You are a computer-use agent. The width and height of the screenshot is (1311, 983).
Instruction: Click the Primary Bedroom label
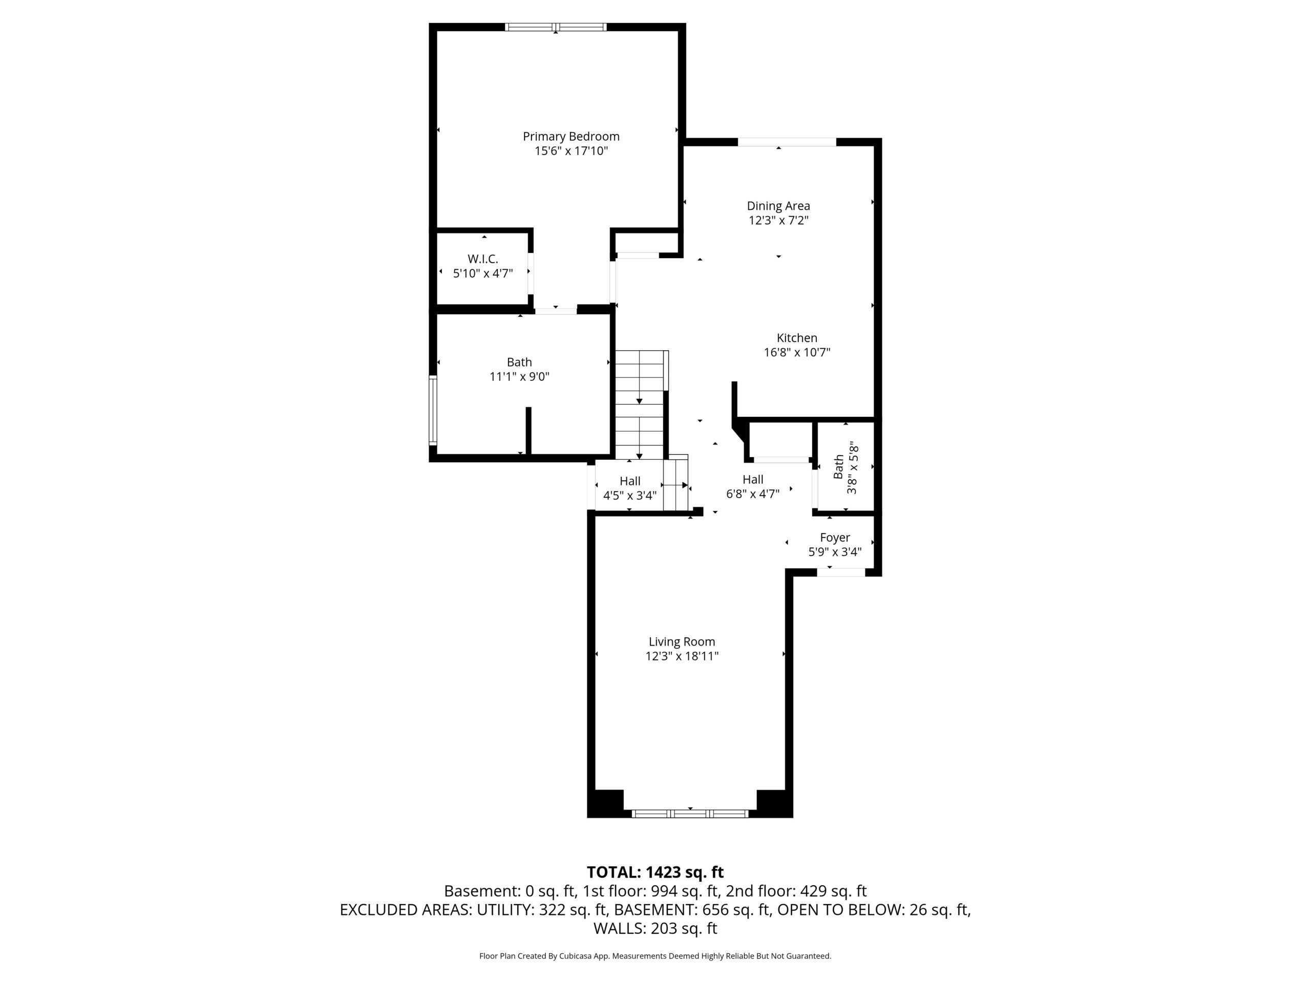pyautogui.click(x=571, y=136)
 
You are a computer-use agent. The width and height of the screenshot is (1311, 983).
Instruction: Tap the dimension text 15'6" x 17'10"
pyautogui.click(x=571, y=151)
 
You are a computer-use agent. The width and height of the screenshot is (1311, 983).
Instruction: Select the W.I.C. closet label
pyautogui.click(x=482, y=259)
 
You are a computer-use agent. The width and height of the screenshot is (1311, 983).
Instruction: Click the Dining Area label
pyautogui.click(x=778, y=206)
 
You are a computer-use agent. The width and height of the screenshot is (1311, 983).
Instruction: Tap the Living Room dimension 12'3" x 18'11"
pyautogui.click(x=682, y=656)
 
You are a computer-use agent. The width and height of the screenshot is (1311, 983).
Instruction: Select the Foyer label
pyautogui.click(x=835, y=538)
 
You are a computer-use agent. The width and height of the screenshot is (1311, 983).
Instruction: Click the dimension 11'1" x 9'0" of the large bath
pyautogui.click(x=519, y=377)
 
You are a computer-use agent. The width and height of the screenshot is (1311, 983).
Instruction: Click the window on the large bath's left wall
pyautogui.click(x=433, y=410)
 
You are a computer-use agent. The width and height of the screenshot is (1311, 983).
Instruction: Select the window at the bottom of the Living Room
pyautogui.click(x=690, y=814)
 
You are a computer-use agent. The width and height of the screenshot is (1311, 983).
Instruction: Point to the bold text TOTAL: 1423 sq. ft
pyautogui.click(x=655, y=872)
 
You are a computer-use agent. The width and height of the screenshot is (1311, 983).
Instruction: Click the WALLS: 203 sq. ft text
pyautogui.click(x=655, y=929)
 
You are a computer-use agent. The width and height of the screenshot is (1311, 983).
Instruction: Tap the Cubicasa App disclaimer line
pyautogui.click(x=655, y=956)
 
